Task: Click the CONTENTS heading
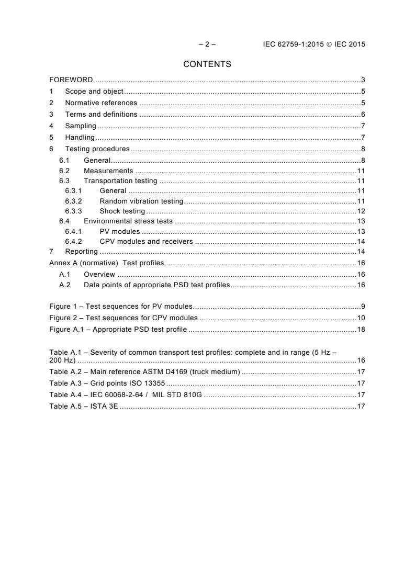click(x=207, y=64)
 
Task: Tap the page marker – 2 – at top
click(x=207, y=44)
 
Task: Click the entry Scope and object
click(x=94, y=92)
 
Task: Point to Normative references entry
click(x=101, y=103)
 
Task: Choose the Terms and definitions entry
click(x=101, y=114)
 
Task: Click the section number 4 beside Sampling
click(x=51, y=126)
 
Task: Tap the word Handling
click(x=80, y=137)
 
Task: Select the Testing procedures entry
click(x=97, y=149)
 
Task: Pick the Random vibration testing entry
click(x=141, y=201)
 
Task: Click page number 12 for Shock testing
click(x=361, y=211)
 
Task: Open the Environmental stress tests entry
click(x=128, y=221)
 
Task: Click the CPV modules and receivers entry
click(x=146, y=241)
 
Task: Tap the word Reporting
click(x=81, y=252)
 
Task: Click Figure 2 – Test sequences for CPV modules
click(x=124, y=318)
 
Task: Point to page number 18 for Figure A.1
click(x=361, y=329)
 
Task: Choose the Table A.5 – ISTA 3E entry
click(x=84, y=406)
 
